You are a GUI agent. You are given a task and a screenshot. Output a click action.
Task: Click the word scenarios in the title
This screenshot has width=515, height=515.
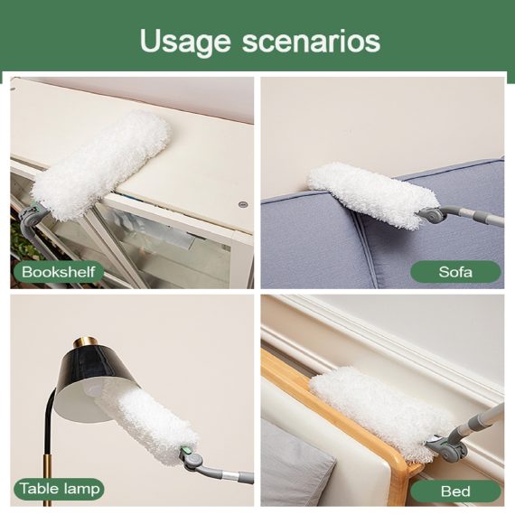(x=311, y=41)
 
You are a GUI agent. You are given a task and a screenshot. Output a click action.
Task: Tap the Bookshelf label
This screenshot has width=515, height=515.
(x=58, y=272)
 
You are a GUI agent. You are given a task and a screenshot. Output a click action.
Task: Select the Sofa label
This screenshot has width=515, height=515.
(x=455, y=272)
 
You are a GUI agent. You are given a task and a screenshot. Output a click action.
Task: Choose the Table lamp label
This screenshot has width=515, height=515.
(x=59, y=489)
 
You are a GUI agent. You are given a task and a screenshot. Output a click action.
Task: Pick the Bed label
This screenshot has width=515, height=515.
(x=455, y=491)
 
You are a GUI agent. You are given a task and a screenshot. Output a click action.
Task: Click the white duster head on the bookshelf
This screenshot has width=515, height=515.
(x=102, y=164)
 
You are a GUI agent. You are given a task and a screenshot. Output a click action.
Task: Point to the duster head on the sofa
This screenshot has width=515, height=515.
(x=372, y=194)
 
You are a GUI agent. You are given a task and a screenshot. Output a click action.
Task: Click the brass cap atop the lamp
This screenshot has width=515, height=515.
(x=86, y=344)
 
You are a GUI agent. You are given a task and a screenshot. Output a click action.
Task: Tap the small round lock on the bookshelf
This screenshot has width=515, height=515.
(x=243, y=205)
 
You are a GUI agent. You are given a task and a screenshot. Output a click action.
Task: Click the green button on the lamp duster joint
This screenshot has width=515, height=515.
(x=184, y=450)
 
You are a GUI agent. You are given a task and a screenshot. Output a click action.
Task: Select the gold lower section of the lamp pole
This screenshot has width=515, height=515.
(x=47, y=480)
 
